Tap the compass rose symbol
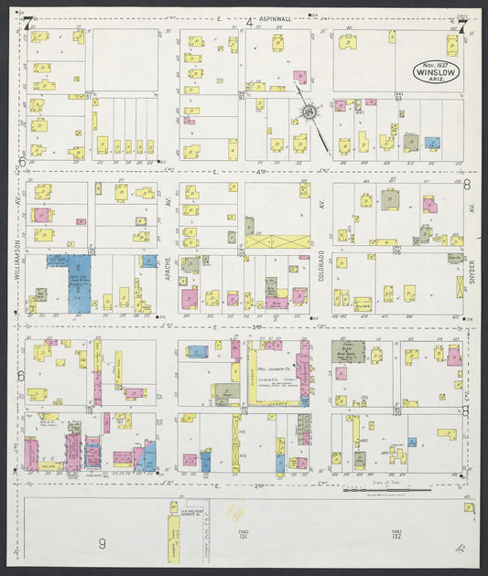point(309,112)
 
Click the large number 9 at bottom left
point(102,543)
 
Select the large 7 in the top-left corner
point(28,25)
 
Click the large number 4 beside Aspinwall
point(249,22)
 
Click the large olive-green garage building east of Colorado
point(348,352)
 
